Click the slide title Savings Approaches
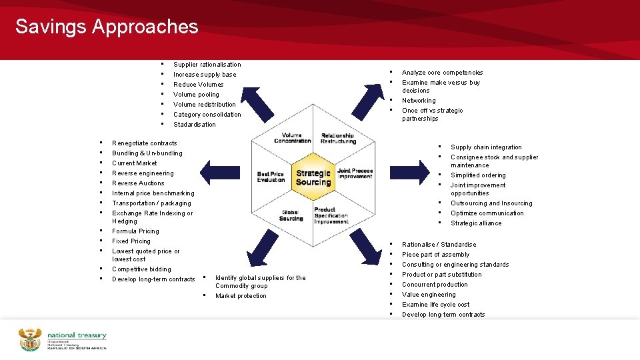click(x=107, y=27)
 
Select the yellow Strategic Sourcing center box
click(x=313, y=178)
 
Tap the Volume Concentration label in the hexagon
click(x=292, y=138)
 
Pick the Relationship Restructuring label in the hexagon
click(x=337, y=138)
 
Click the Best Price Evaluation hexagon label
click(x=271, y=177)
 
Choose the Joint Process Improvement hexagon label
click(x=355, y=173)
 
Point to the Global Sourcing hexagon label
click(x=291, y=215)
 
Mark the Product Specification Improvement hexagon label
click(x=331, y=215)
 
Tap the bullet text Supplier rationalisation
click(x=207, y=65)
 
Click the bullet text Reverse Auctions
click(x=138, y=183)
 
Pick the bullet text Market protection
click(x=241, y=296)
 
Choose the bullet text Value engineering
click(x=429, y=295)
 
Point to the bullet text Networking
click(x=419, y=101)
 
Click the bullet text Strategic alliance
click(x=476, y=223)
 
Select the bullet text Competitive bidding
click(x=141, y=269)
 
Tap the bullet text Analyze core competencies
click(x=442, y=73)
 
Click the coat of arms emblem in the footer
click(x=30, y=339)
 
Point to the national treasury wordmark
click(x=76, y=339)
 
